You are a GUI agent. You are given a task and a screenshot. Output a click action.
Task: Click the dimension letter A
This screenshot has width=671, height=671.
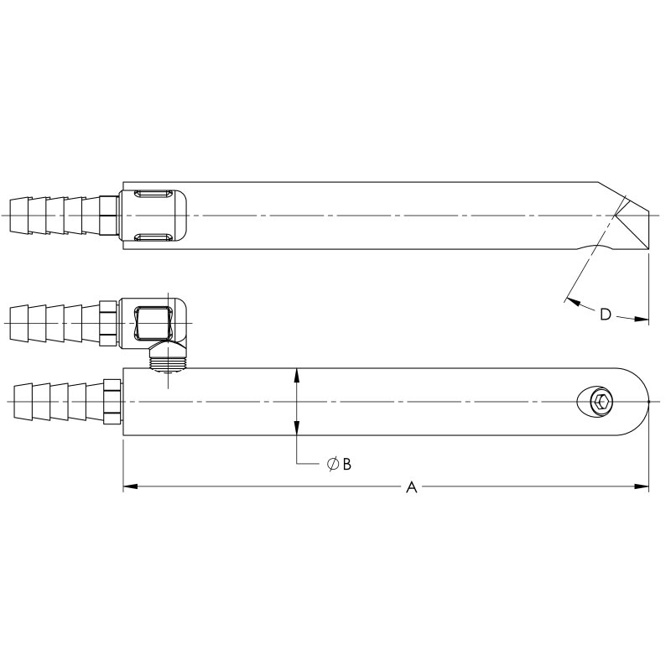411,487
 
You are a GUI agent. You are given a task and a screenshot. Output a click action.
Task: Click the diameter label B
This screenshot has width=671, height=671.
346,464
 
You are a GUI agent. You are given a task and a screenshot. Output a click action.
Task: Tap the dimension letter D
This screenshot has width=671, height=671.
605,315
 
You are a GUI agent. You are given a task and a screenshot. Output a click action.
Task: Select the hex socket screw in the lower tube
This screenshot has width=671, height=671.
600,402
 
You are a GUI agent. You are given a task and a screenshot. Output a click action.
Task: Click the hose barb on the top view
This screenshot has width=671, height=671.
50,216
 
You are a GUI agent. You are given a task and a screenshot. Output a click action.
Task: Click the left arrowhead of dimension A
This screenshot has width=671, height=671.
128,486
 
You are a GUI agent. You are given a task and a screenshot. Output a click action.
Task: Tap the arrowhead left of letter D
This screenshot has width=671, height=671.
571,299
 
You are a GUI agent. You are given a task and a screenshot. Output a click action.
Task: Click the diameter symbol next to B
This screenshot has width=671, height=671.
332,464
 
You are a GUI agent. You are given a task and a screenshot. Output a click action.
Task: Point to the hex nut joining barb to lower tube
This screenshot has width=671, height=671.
112,402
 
